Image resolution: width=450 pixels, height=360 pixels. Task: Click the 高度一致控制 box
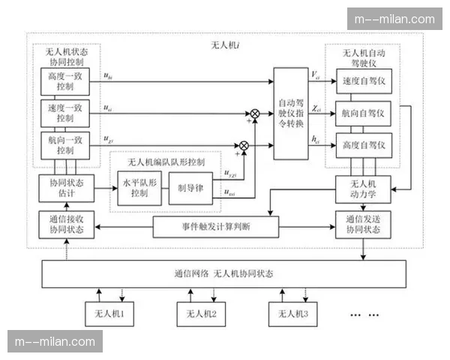click(65, 81)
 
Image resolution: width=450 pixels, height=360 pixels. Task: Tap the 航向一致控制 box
click(65, 144)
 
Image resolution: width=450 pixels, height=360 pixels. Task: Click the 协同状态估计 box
click(65, 187)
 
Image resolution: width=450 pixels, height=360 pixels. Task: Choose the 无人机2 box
click(200, 313)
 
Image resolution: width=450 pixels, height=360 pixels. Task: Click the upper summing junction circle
click(255, 113)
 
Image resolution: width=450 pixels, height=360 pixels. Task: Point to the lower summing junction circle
click(243, 145)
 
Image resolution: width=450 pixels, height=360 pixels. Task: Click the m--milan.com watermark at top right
click(394, 19)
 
